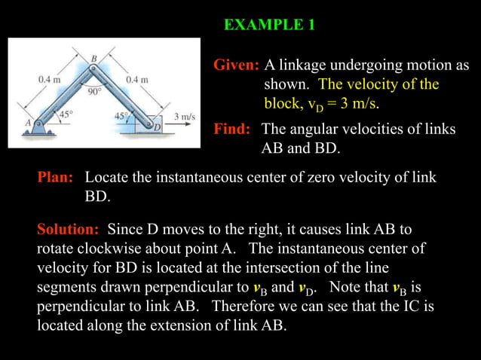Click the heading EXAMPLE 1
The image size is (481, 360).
[269, 25]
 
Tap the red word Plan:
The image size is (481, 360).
[56, 178]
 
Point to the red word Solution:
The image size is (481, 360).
[69, 228]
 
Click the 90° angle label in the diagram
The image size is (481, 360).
[93, 92]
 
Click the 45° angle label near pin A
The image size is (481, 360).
[65, 115]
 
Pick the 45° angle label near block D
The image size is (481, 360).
[121, 116]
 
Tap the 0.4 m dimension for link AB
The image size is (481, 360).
[50, 78]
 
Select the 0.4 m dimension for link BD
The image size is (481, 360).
[137, 79]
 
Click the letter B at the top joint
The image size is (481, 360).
[94, 58]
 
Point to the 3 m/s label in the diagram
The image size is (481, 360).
[184, 117]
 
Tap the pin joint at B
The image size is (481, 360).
[93, 69]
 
